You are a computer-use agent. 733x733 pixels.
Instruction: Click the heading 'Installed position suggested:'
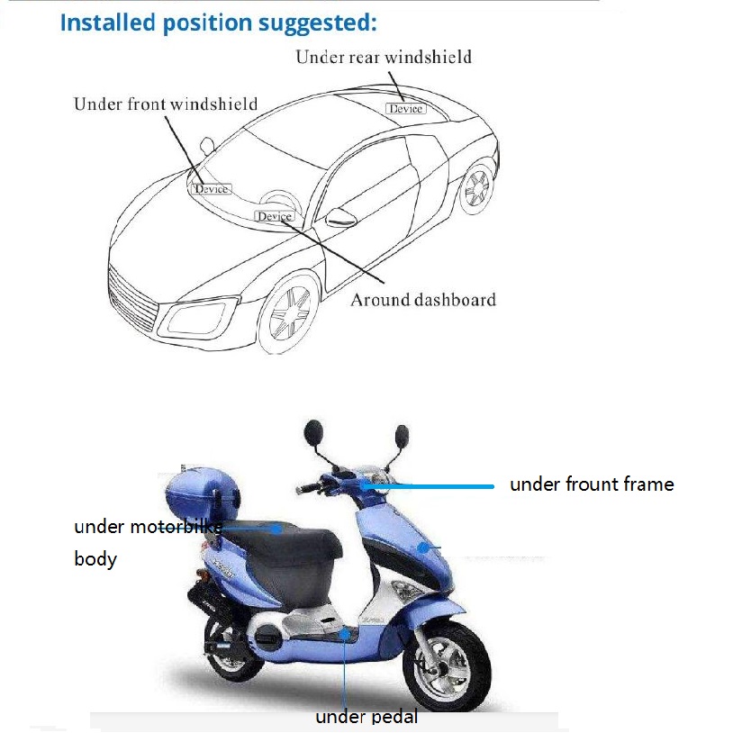coord(218,23)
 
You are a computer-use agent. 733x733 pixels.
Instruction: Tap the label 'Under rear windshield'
coord(384,57)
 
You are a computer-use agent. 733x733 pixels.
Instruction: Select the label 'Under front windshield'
coord(166,104)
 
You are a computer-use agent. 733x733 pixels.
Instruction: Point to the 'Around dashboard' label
coord(423,300)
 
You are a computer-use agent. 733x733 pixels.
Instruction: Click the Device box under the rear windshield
coord(406,108)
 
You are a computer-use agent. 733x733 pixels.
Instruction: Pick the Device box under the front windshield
coord(212,189)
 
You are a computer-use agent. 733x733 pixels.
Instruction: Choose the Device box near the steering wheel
coord(275,216)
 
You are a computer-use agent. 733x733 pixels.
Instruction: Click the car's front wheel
coord(289,312)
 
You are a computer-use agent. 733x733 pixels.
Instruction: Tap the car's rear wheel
coord(476,187)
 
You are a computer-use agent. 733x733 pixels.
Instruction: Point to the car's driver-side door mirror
coord(340,217)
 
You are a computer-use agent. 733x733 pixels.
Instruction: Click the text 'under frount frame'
coord(592,484)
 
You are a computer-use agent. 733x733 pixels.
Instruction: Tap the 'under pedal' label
coord(366,717)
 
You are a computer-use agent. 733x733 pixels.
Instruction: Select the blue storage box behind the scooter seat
coord(202,493)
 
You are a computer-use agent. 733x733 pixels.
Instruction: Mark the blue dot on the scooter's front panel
coord(423,547)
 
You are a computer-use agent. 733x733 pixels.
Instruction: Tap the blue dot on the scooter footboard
coord(345,634)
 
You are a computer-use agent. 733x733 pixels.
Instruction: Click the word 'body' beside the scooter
coord(95,559)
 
